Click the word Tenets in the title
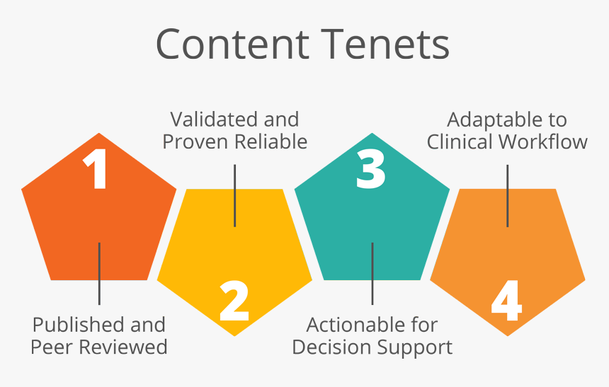coord(382,44)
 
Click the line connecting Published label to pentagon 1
coord(99,273)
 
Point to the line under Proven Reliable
coord(235,195)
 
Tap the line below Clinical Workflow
coord(508,195)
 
